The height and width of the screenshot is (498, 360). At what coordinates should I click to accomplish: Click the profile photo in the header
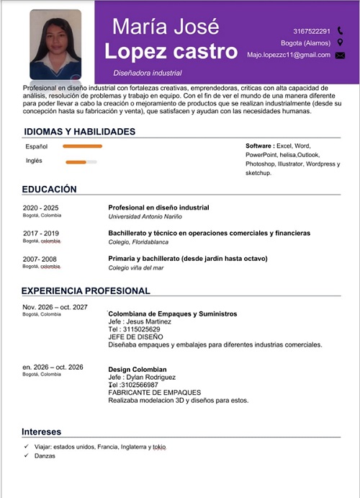click(x=55, y=44)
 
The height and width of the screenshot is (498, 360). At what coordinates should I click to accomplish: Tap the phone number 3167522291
click(x=312, y=31)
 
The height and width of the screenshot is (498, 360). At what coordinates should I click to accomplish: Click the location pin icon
click(x=340, y=43)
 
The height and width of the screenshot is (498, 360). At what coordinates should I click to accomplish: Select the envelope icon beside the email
click(x=340, y=55)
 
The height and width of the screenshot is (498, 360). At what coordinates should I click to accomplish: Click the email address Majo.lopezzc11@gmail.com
click(x=288, y=55)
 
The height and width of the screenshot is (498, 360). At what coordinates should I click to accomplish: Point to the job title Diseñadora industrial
click(x=147, y=73)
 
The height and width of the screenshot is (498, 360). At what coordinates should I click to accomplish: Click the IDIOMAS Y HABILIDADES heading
click(x=79, y=132)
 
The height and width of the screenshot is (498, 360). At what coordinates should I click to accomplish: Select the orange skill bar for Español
click(x=82, y=146)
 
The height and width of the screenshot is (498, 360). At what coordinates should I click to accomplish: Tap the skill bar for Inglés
click(x=81, y=161)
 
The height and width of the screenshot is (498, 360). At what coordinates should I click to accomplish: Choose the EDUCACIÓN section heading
click(x=49, y=189)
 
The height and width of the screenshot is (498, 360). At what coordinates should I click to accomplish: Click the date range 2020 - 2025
click(x=41, y=208)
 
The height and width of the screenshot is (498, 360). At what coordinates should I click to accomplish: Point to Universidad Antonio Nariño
click(x=145, y=216)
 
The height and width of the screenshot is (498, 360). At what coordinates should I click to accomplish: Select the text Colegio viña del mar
click(x=136, y=267)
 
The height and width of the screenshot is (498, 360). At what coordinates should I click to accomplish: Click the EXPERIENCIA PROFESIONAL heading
click(x=86, y=291)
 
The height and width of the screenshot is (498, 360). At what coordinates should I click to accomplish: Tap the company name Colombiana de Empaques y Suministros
click(x=172, y=314)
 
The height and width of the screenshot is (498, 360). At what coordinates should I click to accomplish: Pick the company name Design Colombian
click(x=137, y=370)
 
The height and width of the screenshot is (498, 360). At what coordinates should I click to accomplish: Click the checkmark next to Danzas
click(x=26, y=457)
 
